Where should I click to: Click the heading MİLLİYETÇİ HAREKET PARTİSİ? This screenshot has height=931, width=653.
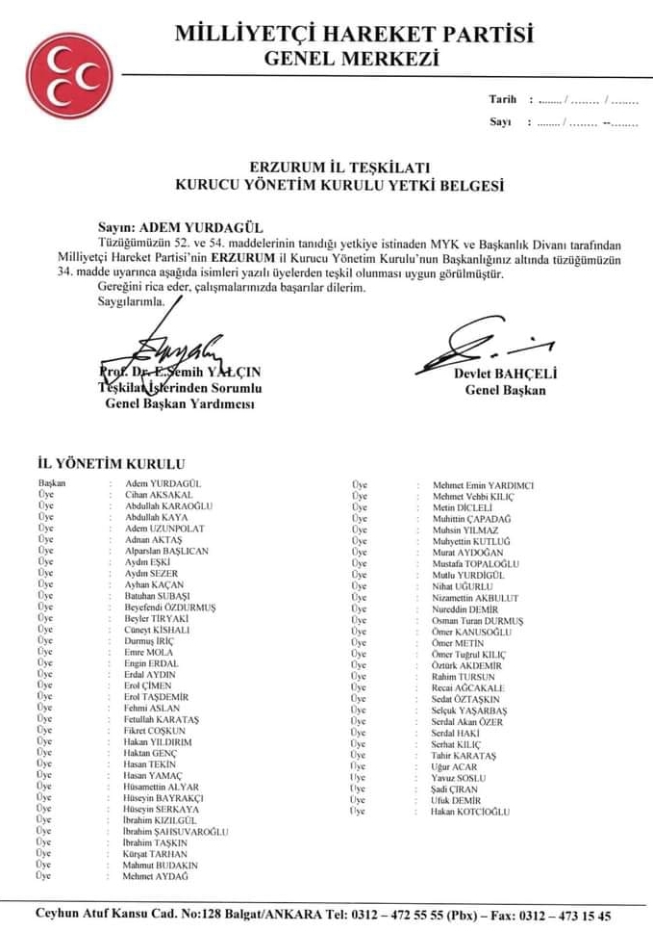click(355, 36)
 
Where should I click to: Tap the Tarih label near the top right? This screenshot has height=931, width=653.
click(502, 99)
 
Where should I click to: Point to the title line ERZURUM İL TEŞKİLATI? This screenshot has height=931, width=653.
click(331, 165)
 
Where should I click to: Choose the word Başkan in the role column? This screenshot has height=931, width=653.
click(51, 482)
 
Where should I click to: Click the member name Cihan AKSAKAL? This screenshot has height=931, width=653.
click(159, 494)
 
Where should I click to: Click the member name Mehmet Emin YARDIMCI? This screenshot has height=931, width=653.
click(483, 484)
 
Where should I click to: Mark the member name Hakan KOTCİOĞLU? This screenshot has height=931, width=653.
click(471, 812)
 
